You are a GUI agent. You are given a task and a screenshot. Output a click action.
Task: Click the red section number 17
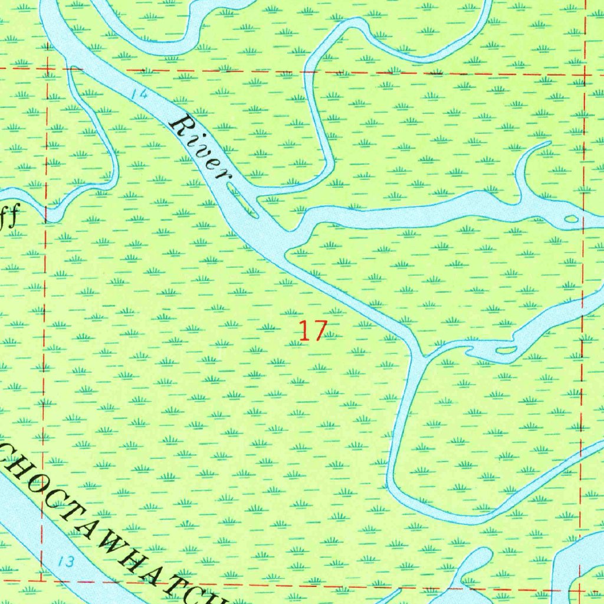[x=312, y=331]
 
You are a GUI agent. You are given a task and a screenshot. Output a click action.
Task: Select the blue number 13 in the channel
[x=67, y=561]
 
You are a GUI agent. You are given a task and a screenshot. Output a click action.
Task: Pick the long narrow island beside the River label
[x=243, y=200]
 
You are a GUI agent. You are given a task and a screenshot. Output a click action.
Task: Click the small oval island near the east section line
[x=571, y=219]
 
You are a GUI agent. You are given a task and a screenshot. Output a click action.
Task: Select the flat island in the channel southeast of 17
[x=505, y=350]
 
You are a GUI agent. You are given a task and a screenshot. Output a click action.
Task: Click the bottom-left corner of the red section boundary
[x=41, y=581]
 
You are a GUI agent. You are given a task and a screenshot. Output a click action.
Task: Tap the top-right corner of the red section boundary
[x=585, y=75]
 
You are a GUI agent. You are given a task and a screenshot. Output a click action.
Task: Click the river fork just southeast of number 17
[x=419, y=355]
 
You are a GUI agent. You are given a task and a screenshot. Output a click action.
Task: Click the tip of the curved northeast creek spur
[x=549, y=142]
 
